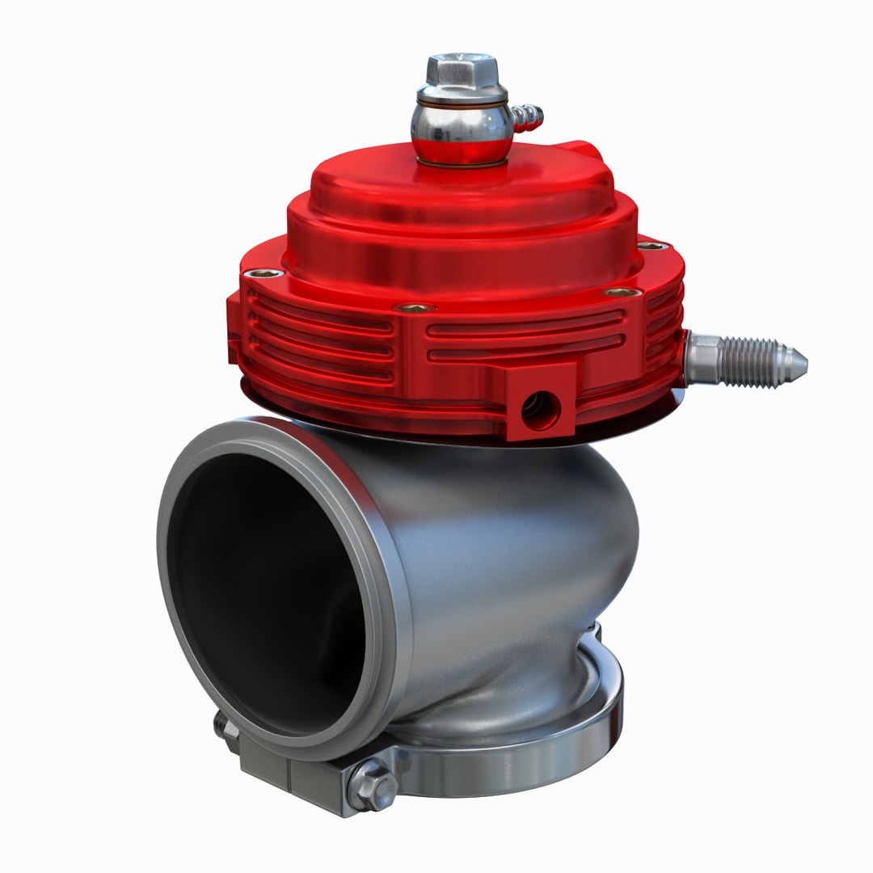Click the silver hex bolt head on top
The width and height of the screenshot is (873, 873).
click(461, 70)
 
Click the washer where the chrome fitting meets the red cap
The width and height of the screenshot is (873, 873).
click(460, 162)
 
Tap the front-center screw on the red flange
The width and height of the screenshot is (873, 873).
click(415, 308)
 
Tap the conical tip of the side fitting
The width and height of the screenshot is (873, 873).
click(795, 365)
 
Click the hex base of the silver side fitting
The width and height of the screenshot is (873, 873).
click(702, 357)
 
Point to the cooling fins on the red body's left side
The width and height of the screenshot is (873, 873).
click(323, 339)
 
